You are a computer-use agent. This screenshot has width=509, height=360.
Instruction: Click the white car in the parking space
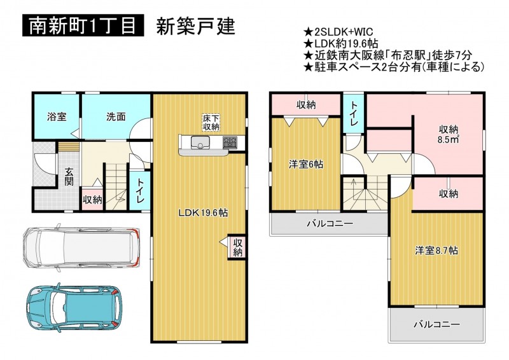(x=81, y=247)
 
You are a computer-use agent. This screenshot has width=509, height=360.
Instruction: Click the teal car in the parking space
(x=74, y=307)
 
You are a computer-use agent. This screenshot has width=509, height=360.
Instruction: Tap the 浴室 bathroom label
(x=57, y=117)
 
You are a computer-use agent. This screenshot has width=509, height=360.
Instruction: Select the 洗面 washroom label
(x=116, y=117)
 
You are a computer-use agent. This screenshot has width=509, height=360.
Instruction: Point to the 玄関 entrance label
(x=69, y=177)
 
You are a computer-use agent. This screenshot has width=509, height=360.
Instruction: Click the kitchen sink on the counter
(x=200, y=142)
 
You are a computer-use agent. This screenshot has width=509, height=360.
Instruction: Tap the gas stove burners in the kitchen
(x=230, y=142)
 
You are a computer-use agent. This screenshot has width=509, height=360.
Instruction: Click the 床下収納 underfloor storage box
(x=211, y=122)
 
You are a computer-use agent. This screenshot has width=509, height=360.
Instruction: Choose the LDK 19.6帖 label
(x=203, y=213)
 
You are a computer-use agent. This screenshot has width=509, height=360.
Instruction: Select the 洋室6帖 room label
(x=306, y=165)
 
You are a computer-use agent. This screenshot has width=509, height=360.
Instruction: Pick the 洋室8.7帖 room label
(x=436, y=251)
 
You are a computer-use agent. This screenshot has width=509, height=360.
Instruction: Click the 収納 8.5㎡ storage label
(x=449, y=134)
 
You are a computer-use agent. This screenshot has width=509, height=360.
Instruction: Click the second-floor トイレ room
(x=354, y=113)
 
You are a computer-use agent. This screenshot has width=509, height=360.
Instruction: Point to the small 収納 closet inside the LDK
(x=237, y=247)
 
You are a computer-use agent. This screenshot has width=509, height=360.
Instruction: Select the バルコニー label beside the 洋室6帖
(x=330, y=224)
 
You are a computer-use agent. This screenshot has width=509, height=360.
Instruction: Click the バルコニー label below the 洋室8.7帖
(x=436, y=324)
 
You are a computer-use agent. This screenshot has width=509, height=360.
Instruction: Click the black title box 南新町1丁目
(x=83, y=25)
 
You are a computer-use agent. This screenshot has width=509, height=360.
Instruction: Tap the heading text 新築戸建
(x=195, y=26)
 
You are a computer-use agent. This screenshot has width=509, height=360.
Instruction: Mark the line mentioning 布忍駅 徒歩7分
(x=387, y=55)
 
